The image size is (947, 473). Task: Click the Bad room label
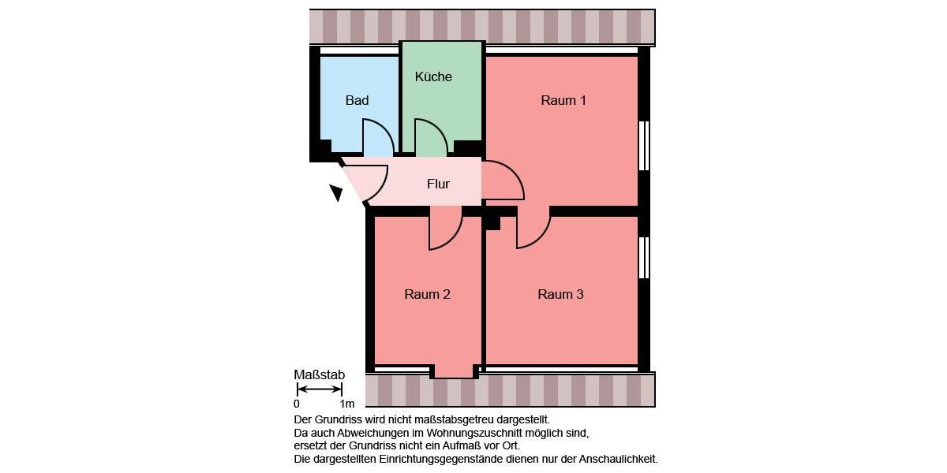[x=357, y=101]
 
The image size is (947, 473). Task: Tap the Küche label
[x=433, y=77]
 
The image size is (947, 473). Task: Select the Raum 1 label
[x=563, y=101]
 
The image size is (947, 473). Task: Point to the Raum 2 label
[x=427, y=295]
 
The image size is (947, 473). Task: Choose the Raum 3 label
[x=560, y=295]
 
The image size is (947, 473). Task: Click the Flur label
[x=438, y=184]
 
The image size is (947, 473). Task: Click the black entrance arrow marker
[x=337, y=192]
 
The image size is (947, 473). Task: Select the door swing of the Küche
[x=429, y=138]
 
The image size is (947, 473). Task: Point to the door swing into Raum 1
[x=500, y=181]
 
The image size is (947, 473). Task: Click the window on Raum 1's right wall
[x=644, y=146]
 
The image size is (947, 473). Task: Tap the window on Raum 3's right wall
[x=644, y=258]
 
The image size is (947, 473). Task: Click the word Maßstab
[x=319, y=374]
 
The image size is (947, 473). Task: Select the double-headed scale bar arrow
[x=319, y=389]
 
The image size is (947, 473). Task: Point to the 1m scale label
[x=347, y=404]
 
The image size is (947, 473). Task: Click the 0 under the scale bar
[x=297, y=404]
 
